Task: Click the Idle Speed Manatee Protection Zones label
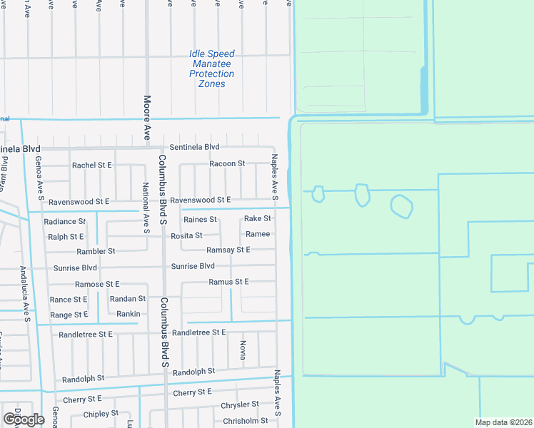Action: pyautogui.click(x=212, y=68)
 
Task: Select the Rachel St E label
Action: pyautogui.click(x=91, y=165)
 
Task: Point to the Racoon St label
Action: pyautogui.click(x=226, y=164)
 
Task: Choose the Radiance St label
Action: pyautogui.click(x=64, y=222)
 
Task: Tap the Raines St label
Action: pyautogui.click(x=200, y=220)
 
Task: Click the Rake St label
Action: pyautogui.click(x=257, y=219)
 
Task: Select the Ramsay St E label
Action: pyautogui.click(x=228, y=250)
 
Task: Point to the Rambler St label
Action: pyautogui.click(x=96, y=252)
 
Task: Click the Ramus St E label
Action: pyautogui.click(x=228, y=282)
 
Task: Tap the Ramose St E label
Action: pyautogui.click(x=97, y=284)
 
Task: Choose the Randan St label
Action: pyautogui.click(x=127, y=299)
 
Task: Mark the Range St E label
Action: pyautogui.click(x=69, y=315)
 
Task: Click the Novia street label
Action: pyautogui.click(x=243, y=350)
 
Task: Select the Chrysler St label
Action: pyautogui.click(x=238, y=405)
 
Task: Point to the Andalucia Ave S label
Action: pyautogui.click(x=24, y=291)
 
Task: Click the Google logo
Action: pyautogui.click(x=24, y=419)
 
